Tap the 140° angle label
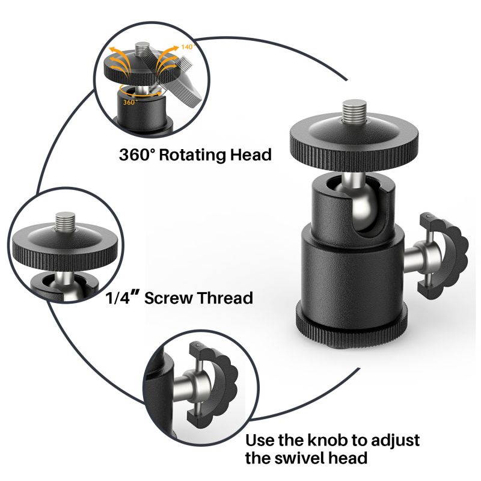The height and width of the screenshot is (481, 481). click(188, 46)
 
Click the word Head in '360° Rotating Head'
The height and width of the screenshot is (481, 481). click(251, 155)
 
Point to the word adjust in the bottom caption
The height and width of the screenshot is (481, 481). click(391, 440)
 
